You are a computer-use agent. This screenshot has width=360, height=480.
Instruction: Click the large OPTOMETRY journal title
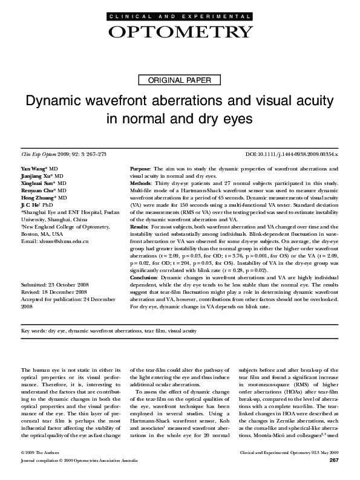[x=180, y=31]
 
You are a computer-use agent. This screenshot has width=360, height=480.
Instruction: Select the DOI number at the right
[x=292, y=155]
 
